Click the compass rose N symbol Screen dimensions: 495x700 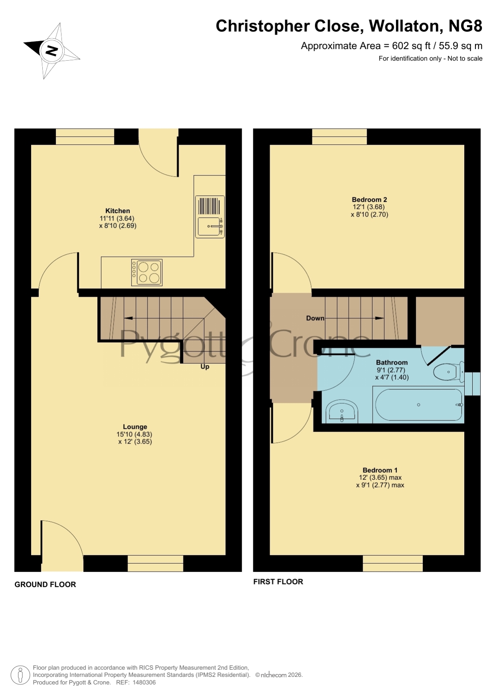(51, 51)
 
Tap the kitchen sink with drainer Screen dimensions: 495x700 (210, 217)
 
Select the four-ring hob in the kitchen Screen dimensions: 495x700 (147, 272)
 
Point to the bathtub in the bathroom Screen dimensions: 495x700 (418, 404)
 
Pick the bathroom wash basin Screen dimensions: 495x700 (342, 411)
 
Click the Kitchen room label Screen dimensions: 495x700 (118, 211)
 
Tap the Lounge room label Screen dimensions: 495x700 (135, 427)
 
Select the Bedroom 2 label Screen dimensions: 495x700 (369, 199)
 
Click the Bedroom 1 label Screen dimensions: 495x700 (380, 470)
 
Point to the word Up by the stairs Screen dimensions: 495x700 (205, 367)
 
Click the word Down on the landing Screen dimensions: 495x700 (315, 318)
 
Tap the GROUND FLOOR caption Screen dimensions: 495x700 (45, 585)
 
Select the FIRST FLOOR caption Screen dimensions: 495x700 (278, 582)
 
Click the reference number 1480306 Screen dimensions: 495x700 (144, 682)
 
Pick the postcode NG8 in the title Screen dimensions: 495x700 (465, 26)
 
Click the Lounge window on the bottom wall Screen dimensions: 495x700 (155, 563)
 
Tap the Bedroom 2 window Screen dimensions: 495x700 (339, 136)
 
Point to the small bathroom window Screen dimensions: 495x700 (472, 384)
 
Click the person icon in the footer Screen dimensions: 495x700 (20, 675)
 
